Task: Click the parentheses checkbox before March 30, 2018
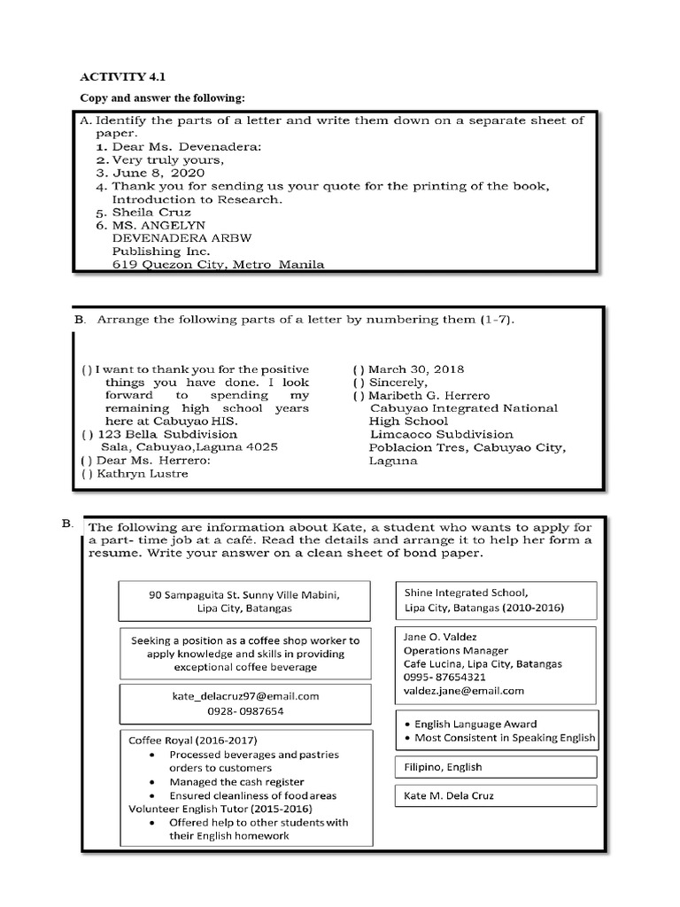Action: coord(358,368)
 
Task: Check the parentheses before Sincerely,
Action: coord(358,382)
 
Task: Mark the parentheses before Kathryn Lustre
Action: coord(86,474)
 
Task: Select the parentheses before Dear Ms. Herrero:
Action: coord(86,461)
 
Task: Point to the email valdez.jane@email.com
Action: coord(463,690)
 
